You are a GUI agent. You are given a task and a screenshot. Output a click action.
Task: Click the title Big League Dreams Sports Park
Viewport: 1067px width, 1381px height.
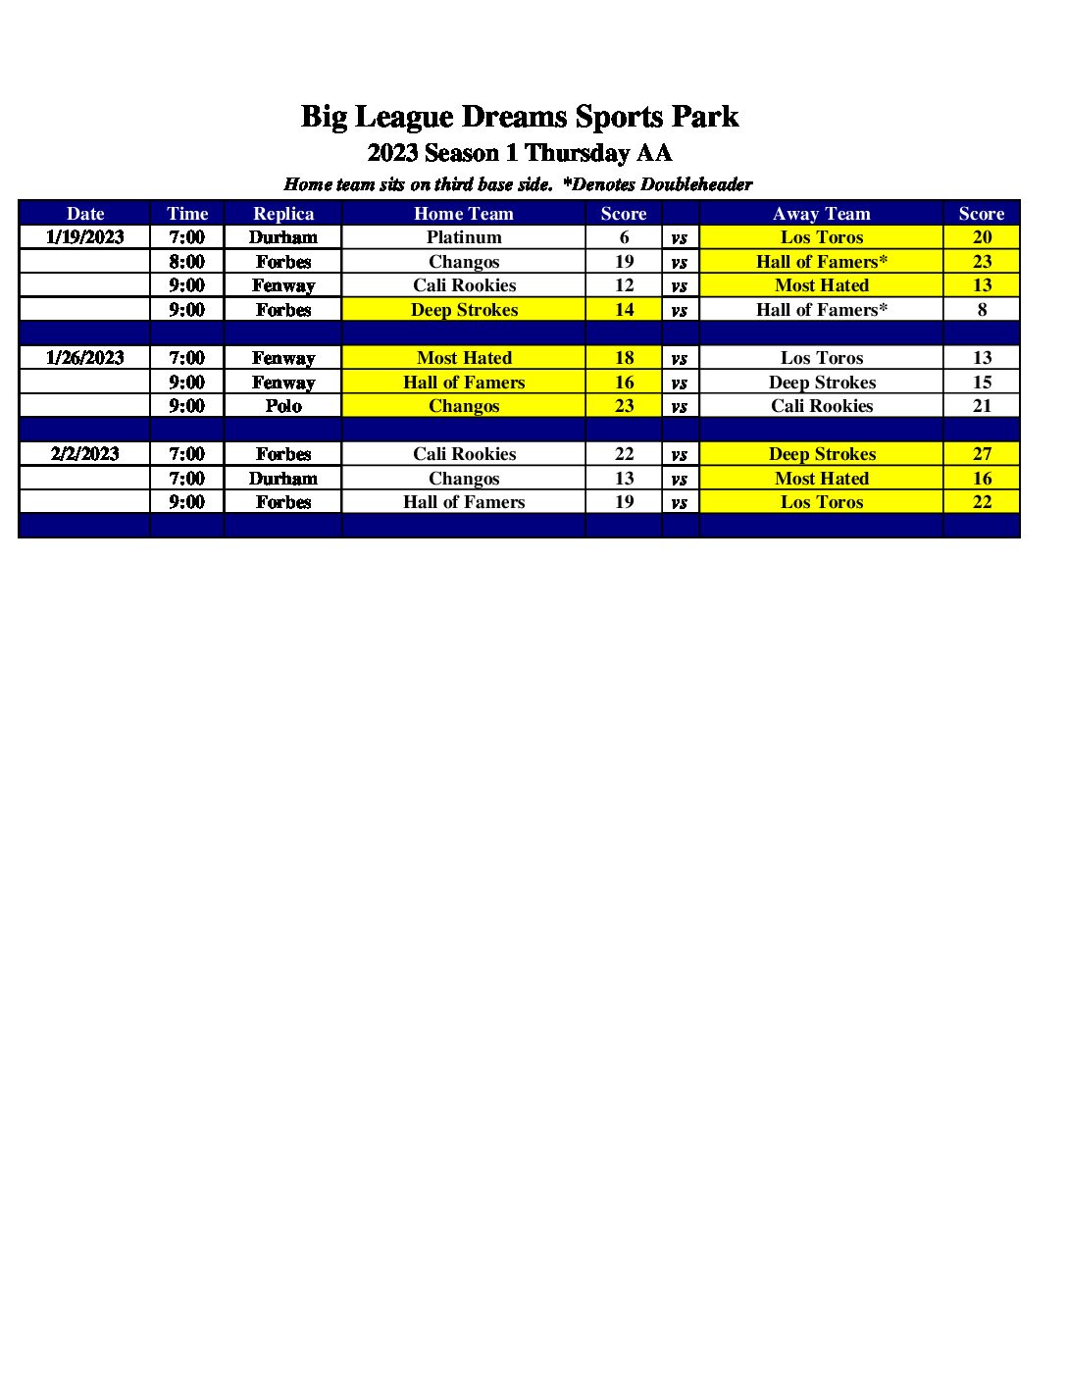click(x=519, y=117)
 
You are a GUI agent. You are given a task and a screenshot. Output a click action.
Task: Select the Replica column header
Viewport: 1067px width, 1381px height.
click(x=283, y=214)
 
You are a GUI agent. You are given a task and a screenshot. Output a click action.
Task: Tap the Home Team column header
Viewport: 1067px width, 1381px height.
click(x=464, y=214)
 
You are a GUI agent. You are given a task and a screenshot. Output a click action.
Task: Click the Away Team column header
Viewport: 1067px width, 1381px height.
click(x=821, y=214)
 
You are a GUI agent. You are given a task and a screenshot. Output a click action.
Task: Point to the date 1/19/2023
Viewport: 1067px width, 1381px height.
click(x=85, y=237)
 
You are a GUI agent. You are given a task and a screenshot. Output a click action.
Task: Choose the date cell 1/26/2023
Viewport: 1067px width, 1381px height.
click(x=85, y=358)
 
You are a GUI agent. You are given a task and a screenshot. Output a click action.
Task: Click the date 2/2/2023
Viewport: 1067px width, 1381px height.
click(x=85, y=454)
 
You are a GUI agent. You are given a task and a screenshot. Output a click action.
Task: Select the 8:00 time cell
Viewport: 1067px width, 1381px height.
click(x=187, y=262)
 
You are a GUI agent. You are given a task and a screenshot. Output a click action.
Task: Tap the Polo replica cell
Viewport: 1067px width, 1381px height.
click(x=283, y=406)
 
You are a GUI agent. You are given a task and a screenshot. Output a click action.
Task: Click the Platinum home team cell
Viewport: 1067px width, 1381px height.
click(x=464, y=237)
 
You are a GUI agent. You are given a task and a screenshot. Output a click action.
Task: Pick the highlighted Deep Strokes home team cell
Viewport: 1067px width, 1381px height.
click(x=464, y=310)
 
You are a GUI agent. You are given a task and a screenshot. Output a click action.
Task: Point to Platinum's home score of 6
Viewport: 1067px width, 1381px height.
click(x=624, y=237)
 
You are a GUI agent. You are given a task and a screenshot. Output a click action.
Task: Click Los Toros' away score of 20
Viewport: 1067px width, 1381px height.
click(x=982, y=237)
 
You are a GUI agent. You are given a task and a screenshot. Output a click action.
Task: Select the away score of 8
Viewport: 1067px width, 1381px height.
click(x=982, y=310)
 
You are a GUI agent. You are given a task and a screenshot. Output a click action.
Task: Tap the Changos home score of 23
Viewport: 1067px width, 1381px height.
click(x=624, y=406)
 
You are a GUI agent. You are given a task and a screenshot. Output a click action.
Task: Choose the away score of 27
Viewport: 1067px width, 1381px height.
click(x=982, y=454)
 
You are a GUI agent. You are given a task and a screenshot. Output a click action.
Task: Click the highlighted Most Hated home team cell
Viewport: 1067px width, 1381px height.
click(x=464, y=358)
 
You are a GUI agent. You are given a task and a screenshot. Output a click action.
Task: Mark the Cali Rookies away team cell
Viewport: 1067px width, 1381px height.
click(x=821, y=406)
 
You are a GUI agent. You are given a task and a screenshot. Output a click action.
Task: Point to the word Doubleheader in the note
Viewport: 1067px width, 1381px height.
click(x=696, y=184)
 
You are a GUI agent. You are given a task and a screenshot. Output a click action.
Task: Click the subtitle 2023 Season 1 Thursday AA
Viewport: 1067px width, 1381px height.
click(x=519, y=153)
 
